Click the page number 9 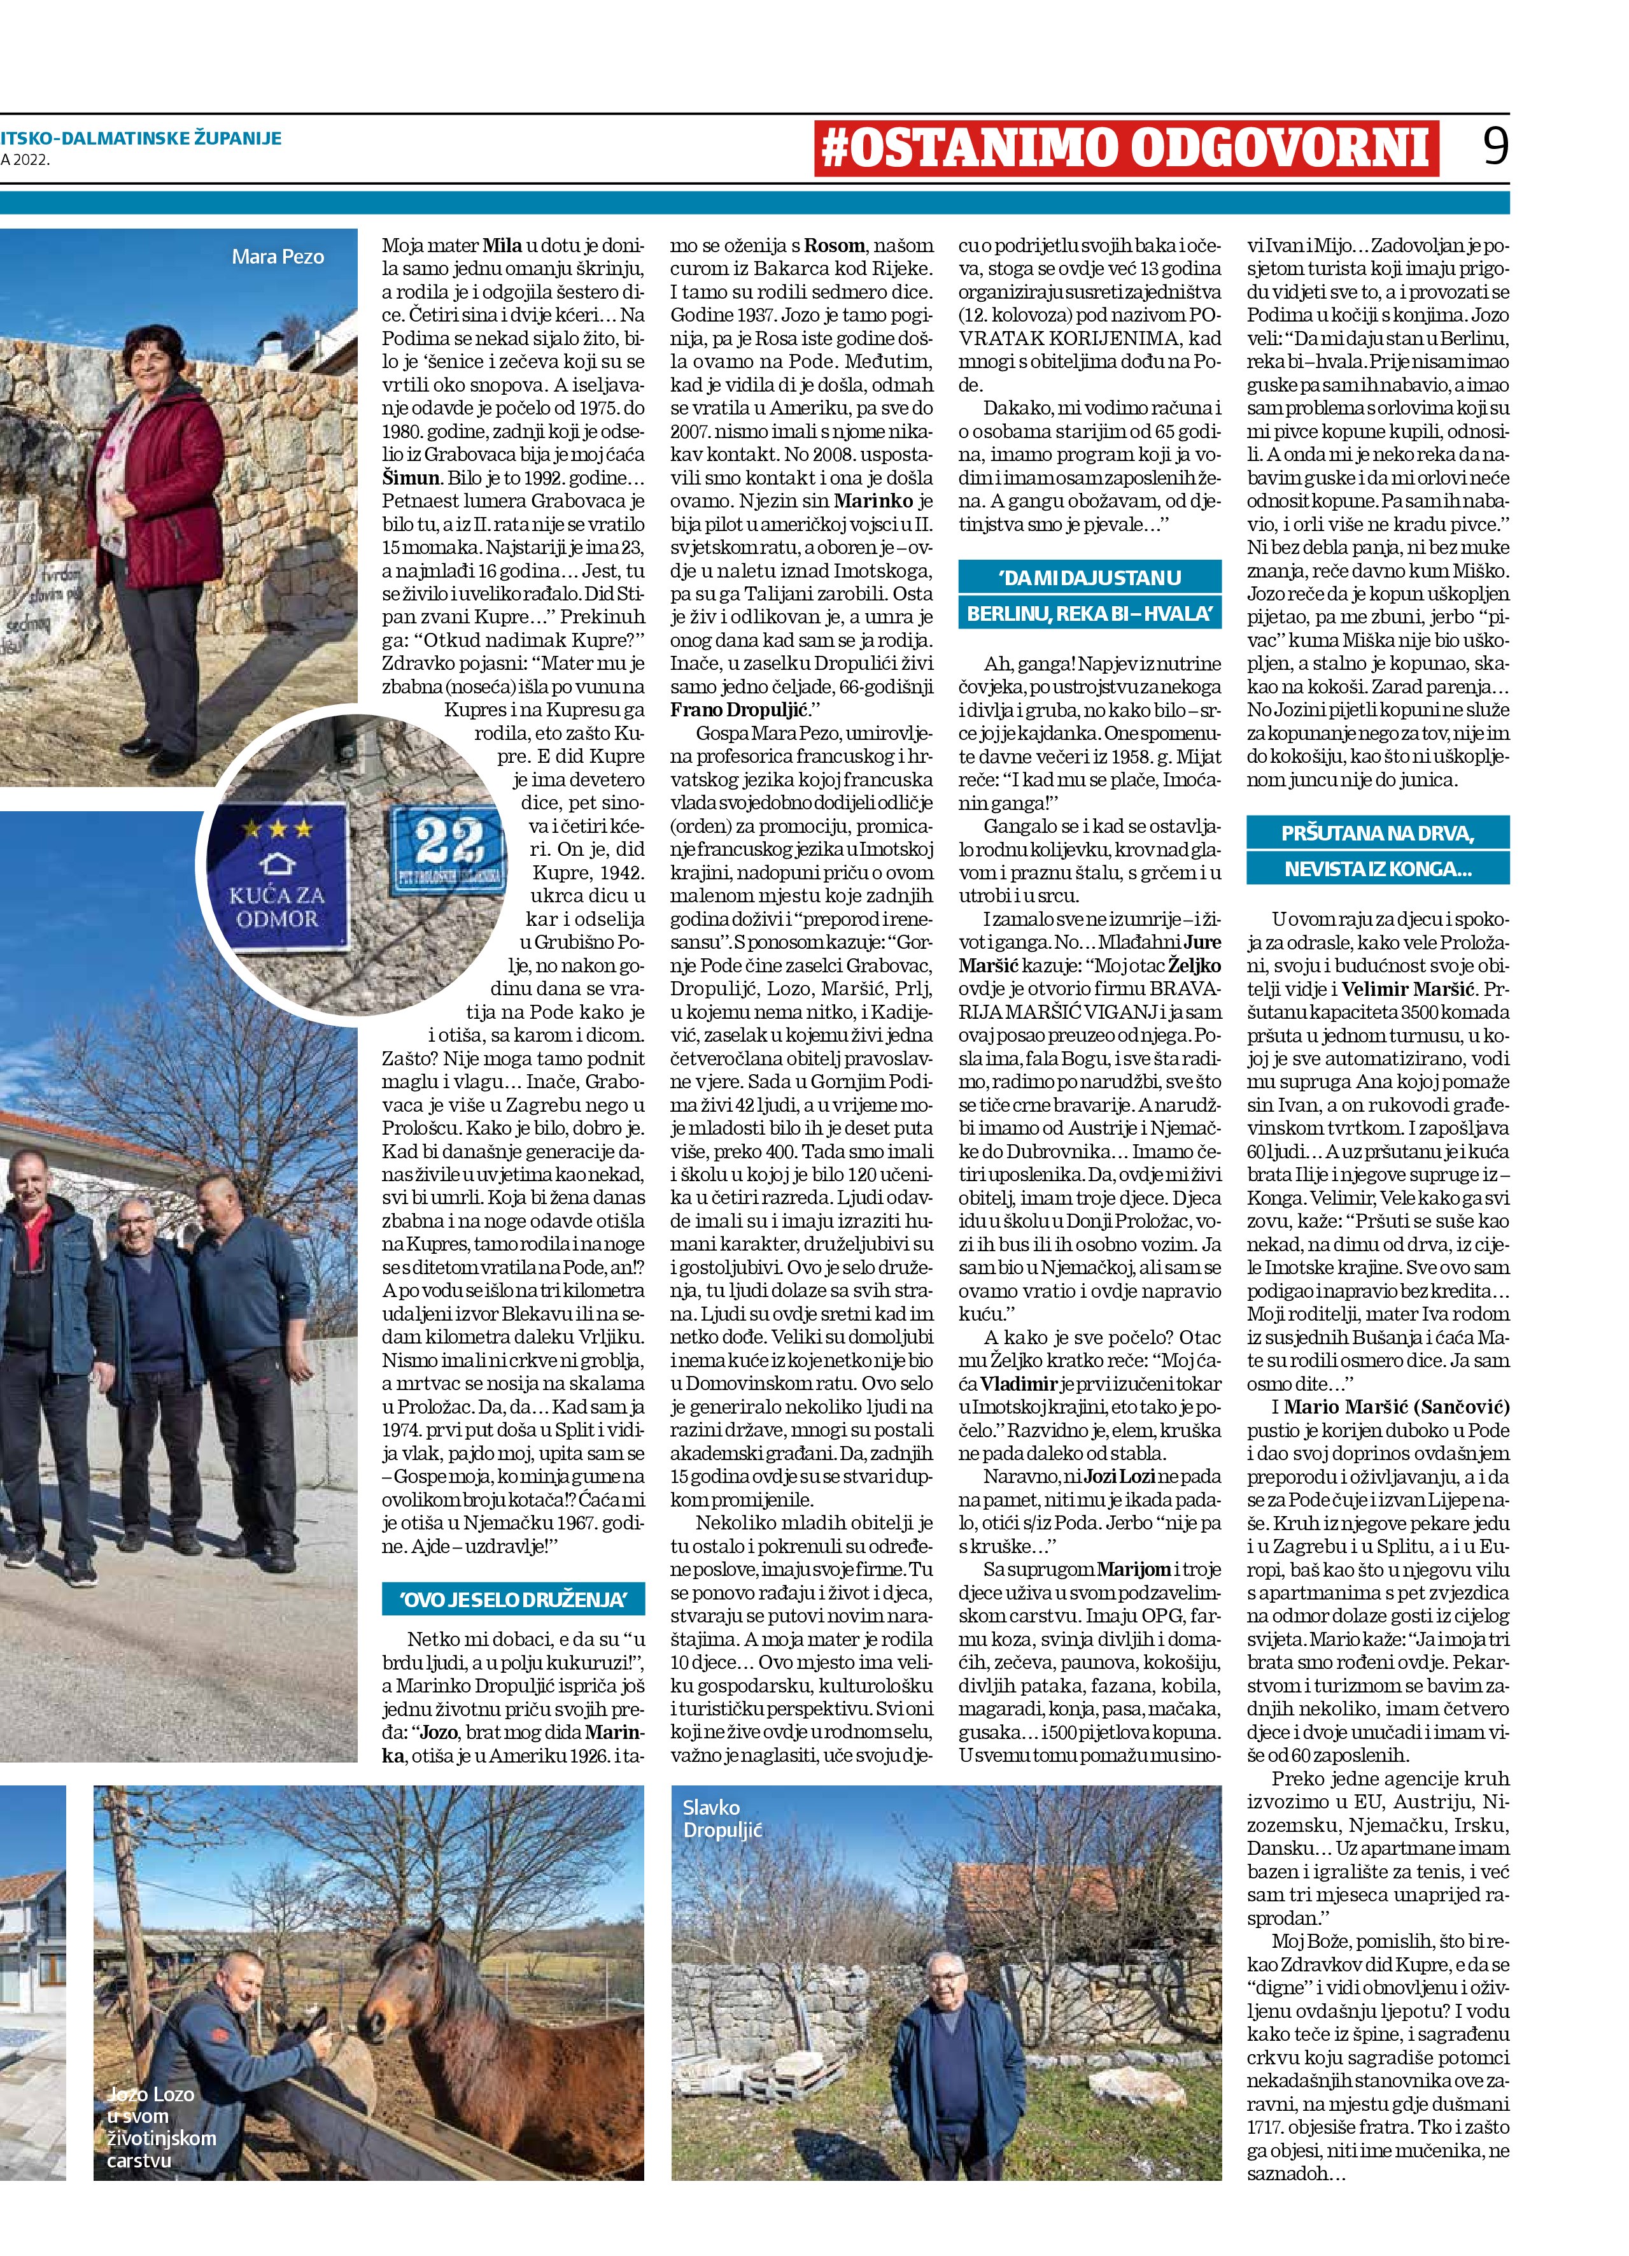pyautogui.click(x=1494, y=146)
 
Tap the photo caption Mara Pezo pyautogui.click(x=278, y=257)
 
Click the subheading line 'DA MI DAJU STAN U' pyautogui.click(x=1089, y=578)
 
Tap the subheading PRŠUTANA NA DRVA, pyautogui.click(x=1378, y=833)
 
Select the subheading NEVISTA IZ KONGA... pyautogui.click(x=1378, y=869)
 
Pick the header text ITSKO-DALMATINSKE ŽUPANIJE pyautogui.click(x=141, y=138)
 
